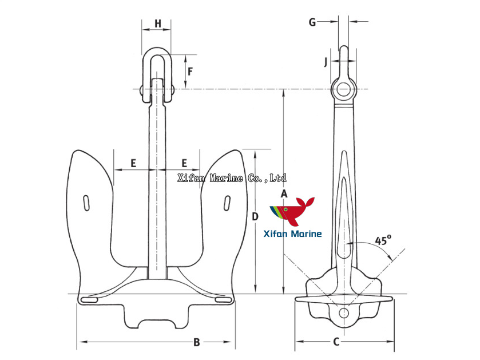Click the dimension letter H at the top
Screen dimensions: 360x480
pyautogui.click(x=157, y=24)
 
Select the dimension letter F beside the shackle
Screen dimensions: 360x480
pyautogui.click(x=191, y=72)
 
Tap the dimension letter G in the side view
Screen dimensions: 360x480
pyautogui.click(x=312, y=22)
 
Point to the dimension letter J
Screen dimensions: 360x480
pyautogui.click(x=326, y=61)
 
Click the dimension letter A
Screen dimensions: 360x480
pyautogui.click(x=284, y=194)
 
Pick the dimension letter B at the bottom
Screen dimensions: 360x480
pyautogui.click(x=196, y=342)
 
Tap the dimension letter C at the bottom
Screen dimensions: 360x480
pyautogui.click(x=336, y=342)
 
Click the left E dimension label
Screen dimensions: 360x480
pyautogui.click(x=133, y=163)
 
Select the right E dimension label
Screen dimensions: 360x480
pyautogui.click(x=184, y=163)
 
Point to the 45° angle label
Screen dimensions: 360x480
pyautogui.click(x=383, y=240)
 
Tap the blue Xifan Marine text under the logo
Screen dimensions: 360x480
pyautogui.click(x=292, y=234)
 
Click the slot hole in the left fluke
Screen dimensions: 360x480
pyautogui.click(x=86, y=203)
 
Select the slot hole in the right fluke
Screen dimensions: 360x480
pyautogui.click(x=227, y=203)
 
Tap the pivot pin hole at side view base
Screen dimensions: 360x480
pyautogui.click(x=343, y=312)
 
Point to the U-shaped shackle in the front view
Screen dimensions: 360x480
pyautogui.click(x=156, y=69)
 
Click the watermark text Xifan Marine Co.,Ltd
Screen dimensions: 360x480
pyautogui.click(x=232, y=179)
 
